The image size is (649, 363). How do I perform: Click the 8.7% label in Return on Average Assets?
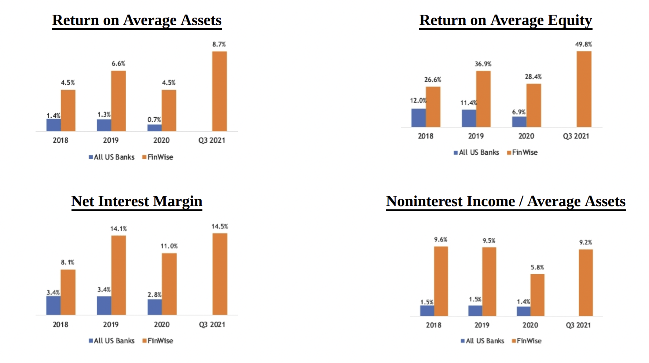[219, 44]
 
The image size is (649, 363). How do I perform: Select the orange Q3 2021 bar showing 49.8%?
[584, 89]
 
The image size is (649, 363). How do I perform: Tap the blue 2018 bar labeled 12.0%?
[418, 118]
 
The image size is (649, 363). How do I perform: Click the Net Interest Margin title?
[137, 201]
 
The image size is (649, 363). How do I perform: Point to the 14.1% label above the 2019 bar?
[118, 229]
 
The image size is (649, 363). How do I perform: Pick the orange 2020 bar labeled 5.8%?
[537, 295]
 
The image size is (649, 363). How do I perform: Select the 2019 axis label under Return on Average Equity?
[476, 136]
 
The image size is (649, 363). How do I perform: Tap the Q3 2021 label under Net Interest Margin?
[212, 324]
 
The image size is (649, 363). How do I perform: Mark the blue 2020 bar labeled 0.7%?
[154, 128]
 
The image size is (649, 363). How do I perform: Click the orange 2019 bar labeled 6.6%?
[118, 101]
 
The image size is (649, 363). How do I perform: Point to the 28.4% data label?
[533, 77]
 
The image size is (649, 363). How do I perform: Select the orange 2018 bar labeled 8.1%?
[68, 292]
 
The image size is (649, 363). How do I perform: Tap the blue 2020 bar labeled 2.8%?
[154, 307]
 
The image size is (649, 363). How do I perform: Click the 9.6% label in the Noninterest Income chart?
[441, 239]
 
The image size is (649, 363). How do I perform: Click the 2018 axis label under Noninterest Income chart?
[433, 325]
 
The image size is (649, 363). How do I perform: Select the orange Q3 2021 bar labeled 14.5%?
[220, 274]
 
